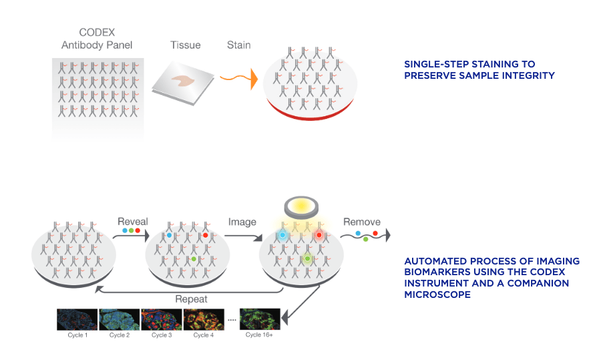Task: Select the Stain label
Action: pos(238,45)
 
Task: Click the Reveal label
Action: pos(132,222)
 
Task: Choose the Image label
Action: pos(242,222)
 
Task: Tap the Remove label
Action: pos(361,222)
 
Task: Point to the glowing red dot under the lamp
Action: pos(319,235)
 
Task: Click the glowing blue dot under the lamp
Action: pos(282,236)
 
